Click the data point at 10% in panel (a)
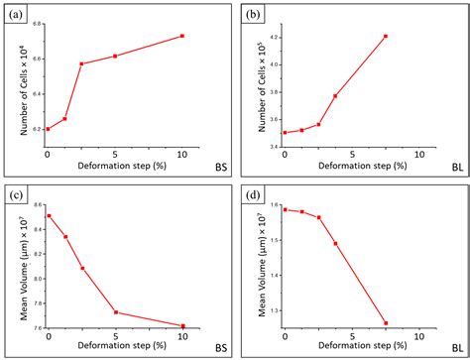tap(182, 36)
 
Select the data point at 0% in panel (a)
tap(48, 129)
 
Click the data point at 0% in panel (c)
tap(48, 215)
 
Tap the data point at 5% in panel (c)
tap(115, 312)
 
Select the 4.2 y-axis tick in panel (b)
tap(273, 37)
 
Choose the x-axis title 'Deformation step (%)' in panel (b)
tap(352, 168)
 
